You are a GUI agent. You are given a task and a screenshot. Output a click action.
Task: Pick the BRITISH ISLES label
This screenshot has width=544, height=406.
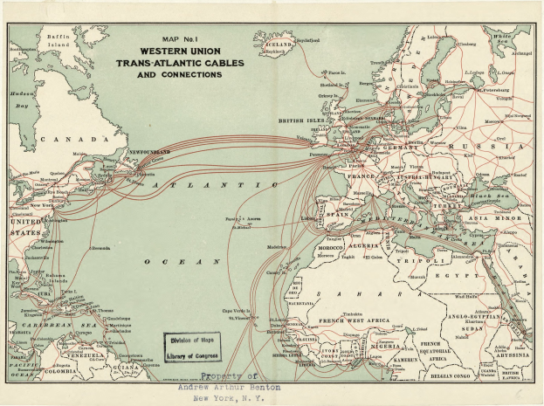[302, 121]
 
